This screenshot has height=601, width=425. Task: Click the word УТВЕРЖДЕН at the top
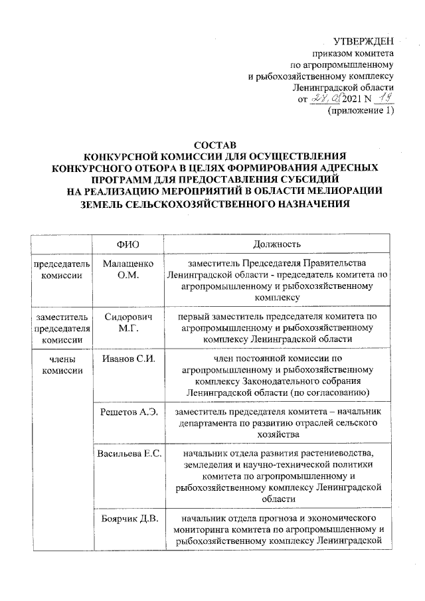click(x=363, y=41)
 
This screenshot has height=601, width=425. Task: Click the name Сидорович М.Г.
click(x=128, y=322)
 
